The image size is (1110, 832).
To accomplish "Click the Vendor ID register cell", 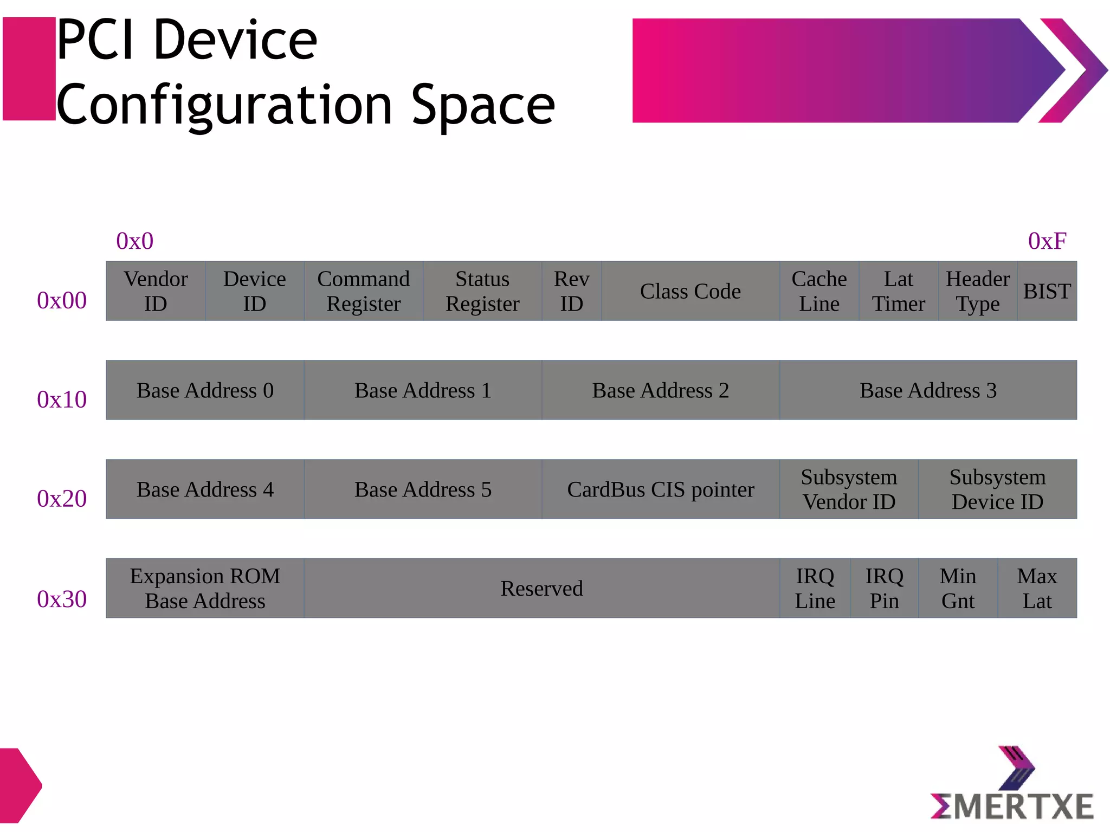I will [156, 291].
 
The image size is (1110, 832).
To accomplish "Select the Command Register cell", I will [363, 291].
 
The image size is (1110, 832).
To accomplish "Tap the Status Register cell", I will [482, 291].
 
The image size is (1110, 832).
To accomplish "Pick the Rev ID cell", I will [571, 291].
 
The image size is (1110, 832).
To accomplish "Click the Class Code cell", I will [690, 291].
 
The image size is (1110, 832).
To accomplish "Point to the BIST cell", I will [1047, 291].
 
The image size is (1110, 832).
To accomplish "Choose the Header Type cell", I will [977, 291].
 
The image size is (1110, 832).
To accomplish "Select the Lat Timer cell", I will [898, 291].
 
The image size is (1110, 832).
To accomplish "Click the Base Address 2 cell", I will [660, 390].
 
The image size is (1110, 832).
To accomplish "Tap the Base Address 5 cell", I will [423, 489].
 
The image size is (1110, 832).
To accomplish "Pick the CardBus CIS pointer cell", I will [660, 489].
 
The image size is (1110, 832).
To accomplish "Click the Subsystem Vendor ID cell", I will [849, 489].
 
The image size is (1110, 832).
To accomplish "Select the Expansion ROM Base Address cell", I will [205, 588].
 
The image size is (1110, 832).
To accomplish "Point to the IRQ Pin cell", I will [884, 588].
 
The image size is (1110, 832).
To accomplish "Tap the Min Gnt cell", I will [958, 588].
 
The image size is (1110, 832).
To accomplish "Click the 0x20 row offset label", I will [62, 499].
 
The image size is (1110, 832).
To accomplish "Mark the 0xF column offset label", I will [1047, 241].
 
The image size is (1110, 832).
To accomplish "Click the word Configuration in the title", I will [224, 105].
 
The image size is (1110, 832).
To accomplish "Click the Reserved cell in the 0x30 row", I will [541, 588].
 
